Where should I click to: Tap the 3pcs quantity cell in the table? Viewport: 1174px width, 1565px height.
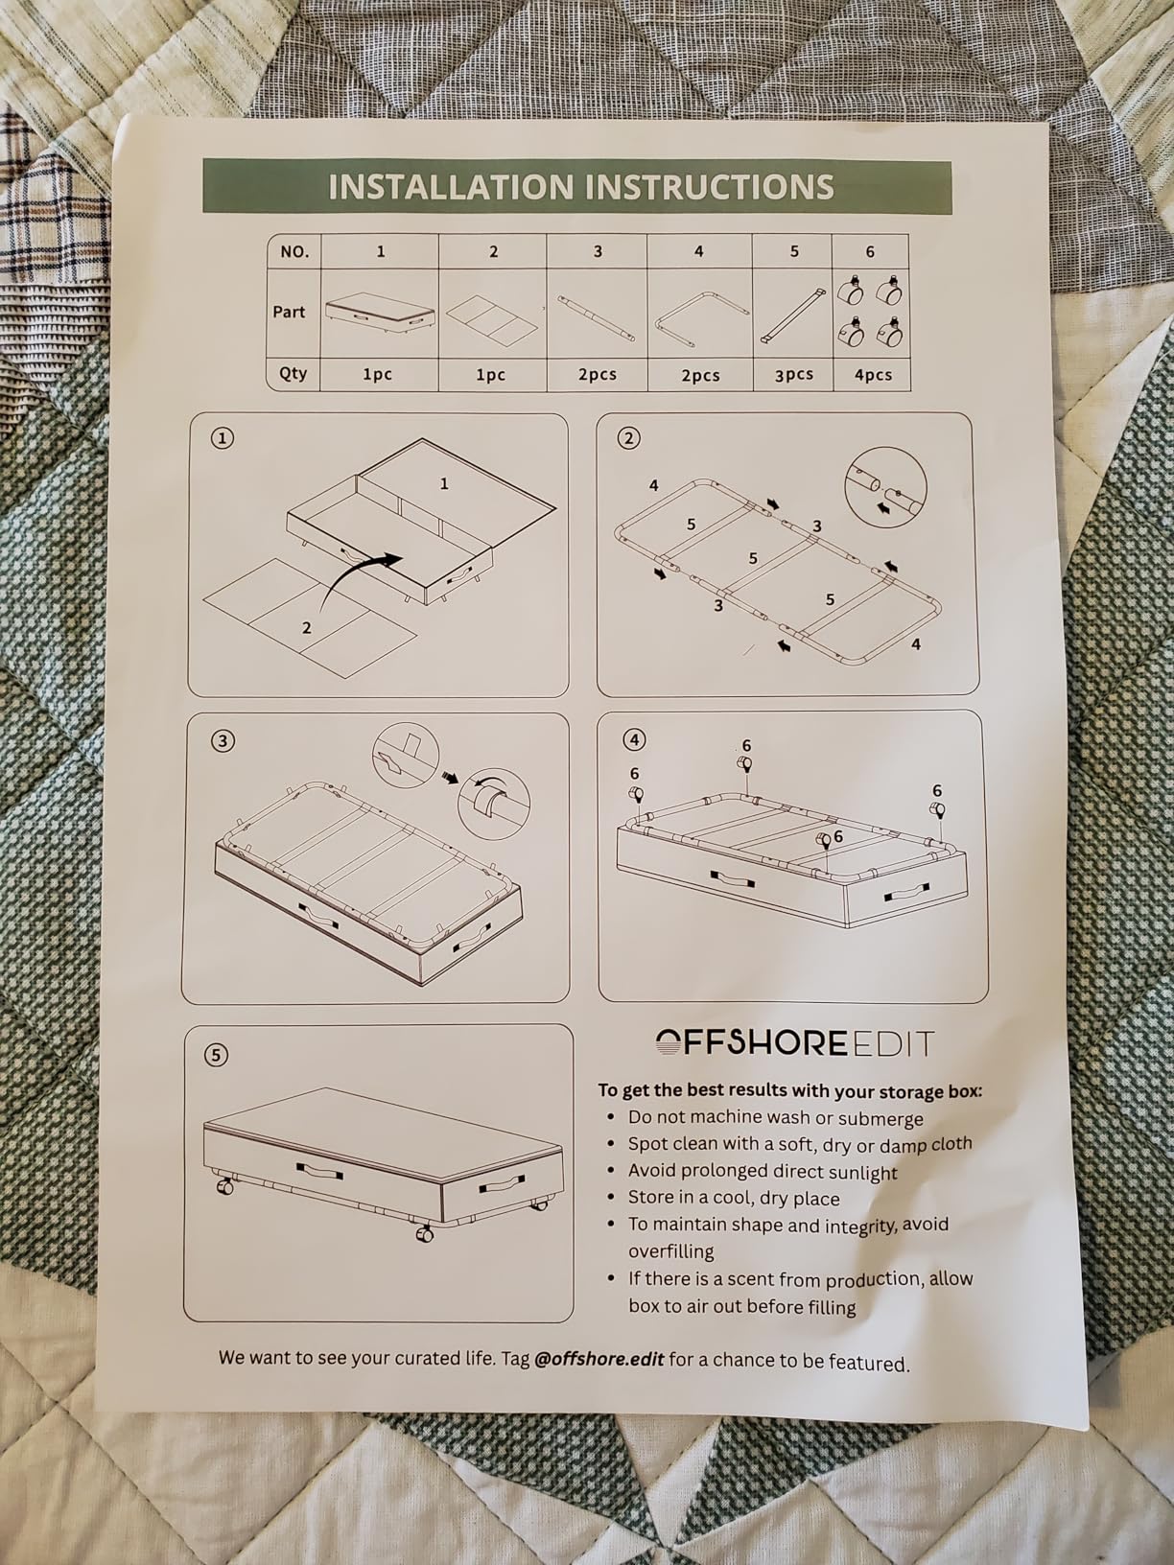coord(794,375)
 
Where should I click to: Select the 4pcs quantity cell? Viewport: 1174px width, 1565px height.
coord(873,375)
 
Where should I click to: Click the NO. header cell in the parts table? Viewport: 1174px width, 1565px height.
coord(293,251)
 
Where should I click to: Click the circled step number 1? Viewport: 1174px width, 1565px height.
coord(223,439)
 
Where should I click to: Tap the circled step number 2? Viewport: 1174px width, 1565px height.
coord(628,438)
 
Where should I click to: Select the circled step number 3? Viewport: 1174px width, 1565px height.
coord(223,741)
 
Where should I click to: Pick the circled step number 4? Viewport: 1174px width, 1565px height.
coord(634,740)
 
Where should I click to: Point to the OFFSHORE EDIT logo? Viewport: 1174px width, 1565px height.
coord(793,1043)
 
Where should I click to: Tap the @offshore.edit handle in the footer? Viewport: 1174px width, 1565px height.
coord(599,1358)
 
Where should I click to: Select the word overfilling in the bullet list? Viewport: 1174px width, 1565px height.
coord(670,1251)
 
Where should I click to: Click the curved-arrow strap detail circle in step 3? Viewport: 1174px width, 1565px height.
coord(493,802)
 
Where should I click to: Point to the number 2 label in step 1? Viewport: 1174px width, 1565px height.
coord(307,628)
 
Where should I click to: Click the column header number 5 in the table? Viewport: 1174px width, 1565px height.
coord(794,251)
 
